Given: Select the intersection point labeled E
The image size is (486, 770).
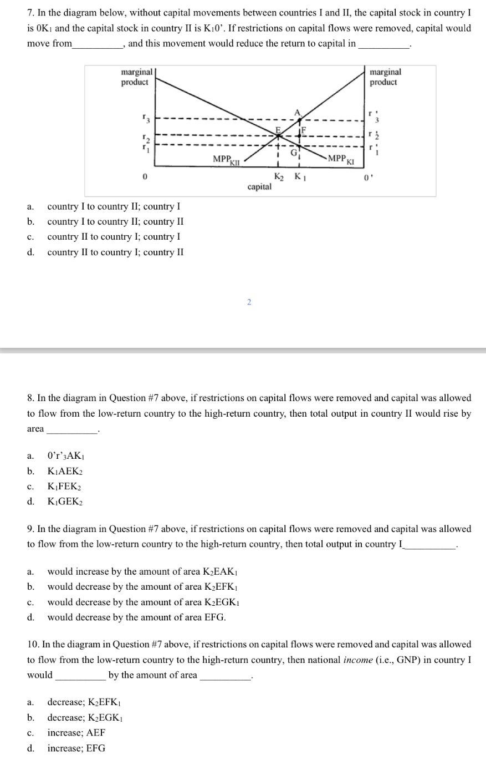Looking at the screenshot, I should tap(279, 129).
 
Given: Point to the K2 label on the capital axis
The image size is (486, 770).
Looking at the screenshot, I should tap(279, 177).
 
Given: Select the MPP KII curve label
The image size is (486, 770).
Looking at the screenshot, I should tap(226, 160).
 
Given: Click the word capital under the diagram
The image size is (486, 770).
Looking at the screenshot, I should tap(259, 187).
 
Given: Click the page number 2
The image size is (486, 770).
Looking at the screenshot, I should tap(249, 302).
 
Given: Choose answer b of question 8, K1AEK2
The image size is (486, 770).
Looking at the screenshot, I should tap(65, 471).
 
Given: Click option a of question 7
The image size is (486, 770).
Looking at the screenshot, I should tap(113, 206).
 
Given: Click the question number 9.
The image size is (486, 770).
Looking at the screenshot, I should tap(30, 529).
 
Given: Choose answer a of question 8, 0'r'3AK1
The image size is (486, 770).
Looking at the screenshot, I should tap(65, 456).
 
